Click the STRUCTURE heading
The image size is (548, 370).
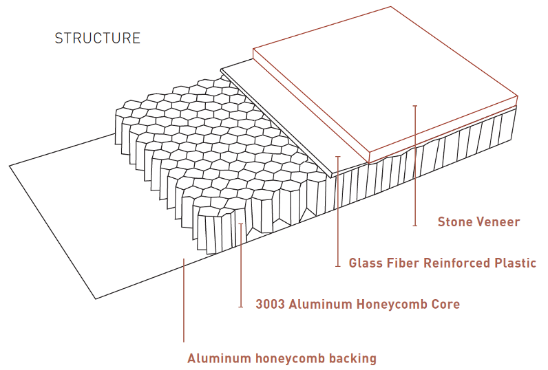97,39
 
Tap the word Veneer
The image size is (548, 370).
499,221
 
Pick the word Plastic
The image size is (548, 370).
516,263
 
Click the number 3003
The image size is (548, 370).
271,304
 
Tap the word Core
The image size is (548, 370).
446,304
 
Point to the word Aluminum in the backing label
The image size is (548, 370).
215,358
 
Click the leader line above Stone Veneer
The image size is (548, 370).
415,165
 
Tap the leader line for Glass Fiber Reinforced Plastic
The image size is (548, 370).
337,213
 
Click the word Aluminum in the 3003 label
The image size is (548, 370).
323,304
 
